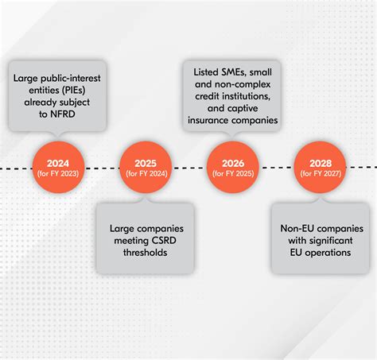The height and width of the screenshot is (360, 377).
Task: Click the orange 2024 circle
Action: [x=56, y=167]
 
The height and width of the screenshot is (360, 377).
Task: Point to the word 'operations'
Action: [x=323, y=254]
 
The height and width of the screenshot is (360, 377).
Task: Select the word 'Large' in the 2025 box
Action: [x=123, y=228]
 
